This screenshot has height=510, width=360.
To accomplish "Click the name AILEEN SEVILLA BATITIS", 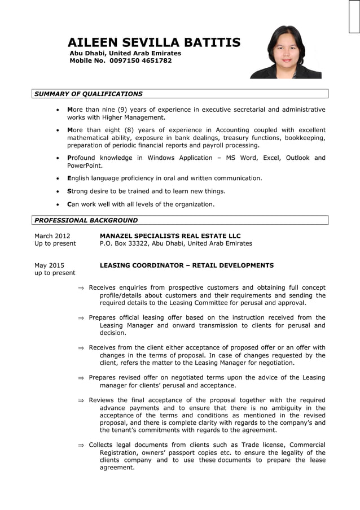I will [x=153, y=42].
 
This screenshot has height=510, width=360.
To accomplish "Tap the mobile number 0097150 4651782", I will [x=141, y=60].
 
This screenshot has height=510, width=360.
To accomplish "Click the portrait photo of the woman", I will [x=286, y=52].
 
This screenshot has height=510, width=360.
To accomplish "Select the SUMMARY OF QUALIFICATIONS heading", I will [x=89, y=94].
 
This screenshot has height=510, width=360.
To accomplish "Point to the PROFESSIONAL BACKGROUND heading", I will [x=86, y=220].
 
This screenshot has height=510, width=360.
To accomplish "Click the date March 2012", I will [x=52, y=236].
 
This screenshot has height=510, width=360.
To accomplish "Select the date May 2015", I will [x=50, y=265].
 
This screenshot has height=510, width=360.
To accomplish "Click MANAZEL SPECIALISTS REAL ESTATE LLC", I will [x=170, y=236].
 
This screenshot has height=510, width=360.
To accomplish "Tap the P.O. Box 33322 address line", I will [x=175, y=244].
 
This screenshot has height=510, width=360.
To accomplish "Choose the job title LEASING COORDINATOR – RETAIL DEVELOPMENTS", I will [x=186, y=265].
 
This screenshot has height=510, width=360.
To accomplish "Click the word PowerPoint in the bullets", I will [x=84, y=166].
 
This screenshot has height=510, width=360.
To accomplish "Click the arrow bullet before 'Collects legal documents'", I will [x=81, y=445].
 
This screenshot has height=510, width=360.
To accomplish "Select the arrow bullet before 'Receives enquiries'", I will [x=81, y=288].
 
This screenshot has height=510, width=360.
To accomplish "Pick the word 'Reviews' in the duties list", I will [x=102, y=400].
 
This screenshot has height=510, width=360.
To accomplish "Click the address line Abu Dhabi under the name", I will [x=125, y=53].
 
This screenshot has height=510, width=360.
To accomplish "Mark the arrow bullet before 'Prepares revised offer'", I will [x=81, y=378].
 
